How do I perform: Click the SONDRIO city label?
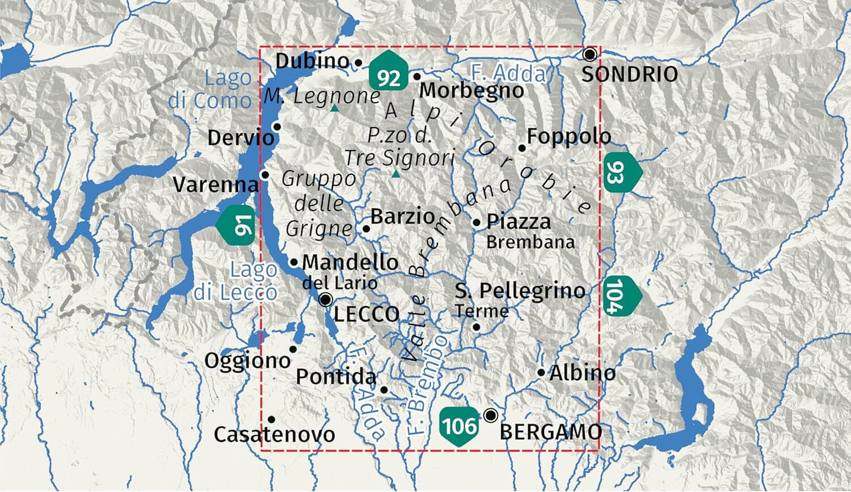pos(630,74)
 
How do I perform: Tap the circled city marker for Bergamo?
pos(491,415)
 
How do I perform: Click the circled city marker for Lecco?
pos(326,300)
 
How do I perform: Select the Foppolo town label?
pos(569,137)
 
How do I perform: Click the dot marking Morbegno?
pos(417,76)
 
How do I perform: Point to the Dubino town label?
pos(312,61)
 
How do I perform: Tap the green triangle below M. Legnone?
pos(335,108)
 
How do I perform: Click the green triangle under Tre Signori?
pos(396,174)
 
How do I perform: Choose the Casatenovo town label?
pos(275,435)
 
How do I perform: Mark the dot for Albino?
pos(541,373)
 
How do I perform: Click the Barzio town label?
pos(402,216)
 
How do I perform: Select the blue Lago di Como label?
pos(210,89)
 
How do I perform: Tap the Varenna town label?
pos(216,184)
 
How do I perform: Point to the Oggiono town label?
pos(247,360)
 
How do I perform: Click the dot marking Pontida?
pos(384,390)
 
